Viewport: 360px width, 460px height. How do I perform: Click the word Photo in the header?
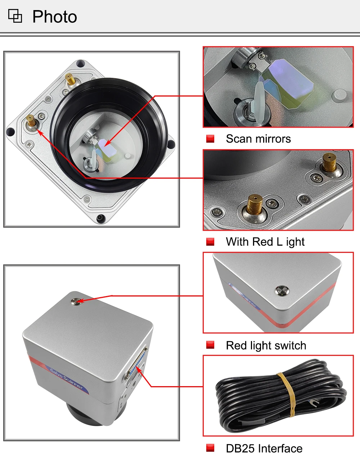[x=54, y=17]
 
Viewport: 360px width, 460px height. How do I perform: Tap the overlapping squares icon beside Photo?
[x=15, y=16]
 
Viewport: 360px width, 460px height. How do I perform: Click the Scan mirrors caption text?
[x=258, y=139]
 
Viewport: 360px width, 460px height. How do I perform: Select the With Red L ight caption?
[x=265, y=242]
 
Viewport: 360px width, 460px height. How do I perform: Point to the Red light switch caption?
[x=266, y=345]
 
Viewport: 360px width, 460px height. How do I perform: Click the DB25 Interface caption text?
[x=264, y=448]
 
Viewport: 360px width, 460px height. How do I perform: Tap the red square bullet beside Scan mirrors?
[x=210, y=139]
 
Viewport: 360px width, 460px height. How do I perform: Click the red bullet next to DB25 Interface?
[x=210, y=448]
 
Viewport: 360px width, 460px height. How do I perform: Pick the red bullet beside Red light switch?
[x=210, y=345]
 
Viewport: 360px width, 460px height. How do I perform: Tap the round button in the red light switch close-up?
[x=281, y=290]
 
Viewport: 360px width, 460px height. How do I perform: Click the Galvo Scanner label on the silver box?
[x=67, y=378]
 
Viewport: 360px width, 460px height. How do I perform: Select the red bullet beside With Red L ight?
[x=210, y=242]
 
